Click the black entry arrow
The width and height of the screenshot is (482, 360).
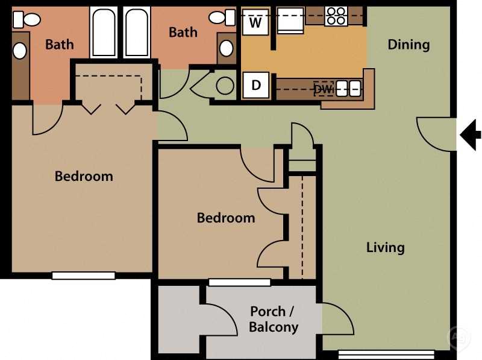click(x=470, y=134)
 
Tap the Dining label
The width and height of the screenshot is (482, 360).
click(x=408, y=45)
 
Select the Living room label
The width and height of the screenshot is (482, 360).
click(x=385, y=247)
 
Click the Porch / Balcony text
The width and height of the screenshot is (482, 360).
click(x=274, y=320)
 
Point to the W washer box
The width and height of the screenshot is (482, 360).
click(x=256, y=24)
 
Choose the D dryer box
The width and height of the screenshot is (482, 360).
click(x=256, y=85)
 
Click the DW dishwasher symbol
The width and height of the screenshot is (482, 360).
click(x=324, y=89)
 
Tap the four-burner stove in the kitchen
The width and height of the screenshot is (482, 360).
click(x=336, y=16)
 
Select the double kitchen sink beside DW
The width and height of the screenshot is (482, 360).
click(x=348, y=89)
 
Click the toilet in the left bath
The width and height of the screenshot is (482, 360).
click(x=26, y=20)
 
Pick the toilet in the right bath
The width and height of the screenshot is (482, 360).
click(x=222, y=18)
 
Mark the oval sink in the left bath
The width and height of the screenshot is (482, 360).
click(x=20, y=51)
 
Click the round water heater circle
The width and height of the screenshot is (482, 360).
click(x=225, y=86)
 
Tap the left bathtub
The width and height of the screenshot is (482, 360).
click(x=103, y=33)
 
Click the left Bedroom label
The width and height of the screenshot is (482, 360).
click(x=84, y=177)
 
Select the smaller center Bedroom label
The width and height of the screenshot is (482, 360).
click(x=226, y=218)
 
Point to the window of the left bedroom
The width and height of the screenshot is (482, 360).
click(x=83, y=276)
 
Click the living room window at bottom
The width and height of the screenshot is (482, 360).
click(x=386, y=354)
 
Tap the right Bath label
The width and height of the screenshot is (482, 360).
click(x=183, y=33)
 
